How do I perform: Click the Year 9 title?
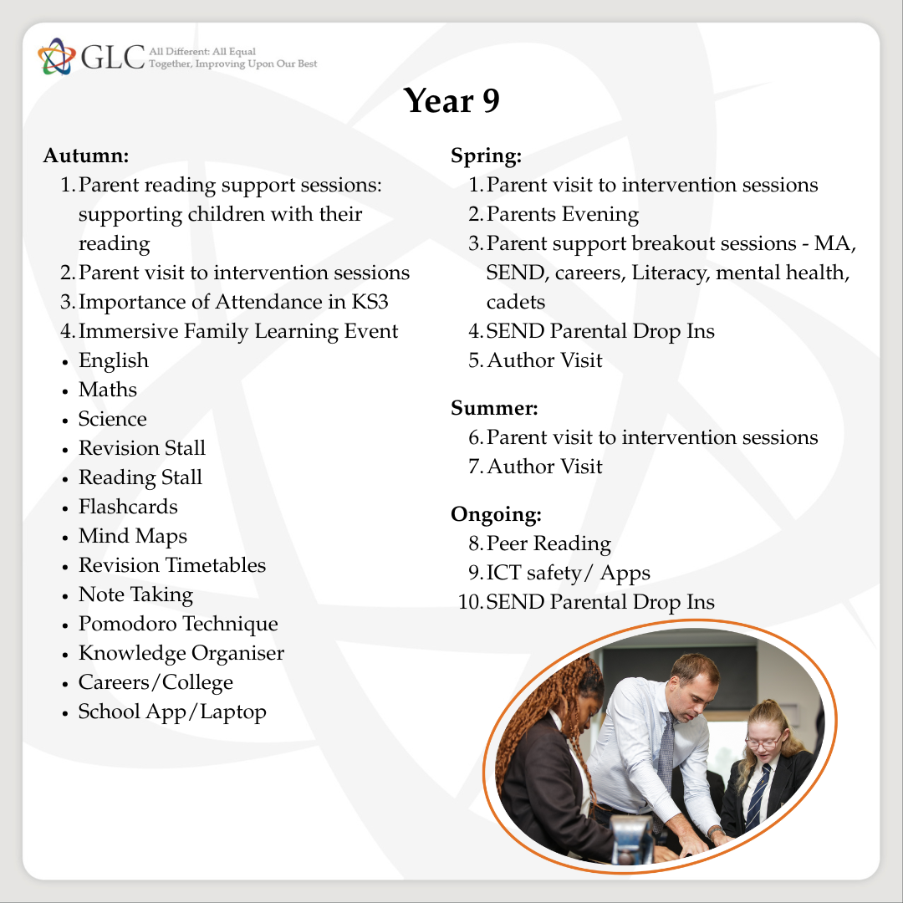451,101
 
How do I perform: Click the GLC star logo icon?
56,55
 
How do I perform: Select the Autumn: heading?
86,156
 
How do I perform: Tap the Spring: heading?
486,156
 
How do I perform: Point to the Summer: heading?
494,408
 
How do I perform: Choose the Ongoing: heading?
496,514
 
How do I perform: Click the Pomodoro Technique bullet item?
178,624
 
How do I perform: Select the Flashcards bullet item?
128,507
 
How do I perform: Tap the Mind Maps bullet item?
133,536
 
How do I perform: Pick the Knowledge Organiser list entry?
181,653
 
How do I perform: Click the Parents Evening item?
563,214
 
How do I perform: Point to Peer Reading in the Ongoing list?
548,543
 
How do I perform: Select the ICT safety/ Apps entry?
569,573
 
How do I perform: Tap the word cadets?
516,302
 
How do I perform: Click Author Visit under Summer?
544,466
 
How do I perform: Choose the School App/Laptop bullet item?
172,712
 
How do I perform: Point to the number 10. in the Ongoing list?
470,602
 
